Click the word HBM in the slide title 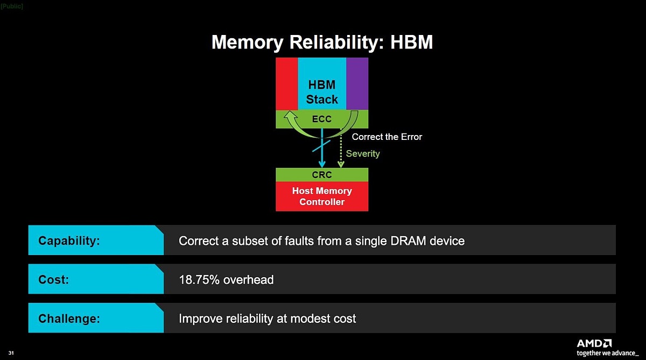[x=411, y=43]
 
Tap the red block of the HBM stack [x=286, y=83]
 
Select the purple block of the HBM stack [x=357, y=83]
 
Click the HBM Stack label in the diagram [x=322, y=92]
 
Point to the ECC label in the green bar [x=322, y=119]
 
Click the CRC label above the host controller [x=322, y=175]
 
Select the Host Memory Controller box [x=322, y=196]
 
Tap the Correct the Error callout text [x=387, y=137]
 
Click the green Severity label [x=363, y=153]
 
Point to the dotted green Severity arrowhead [x=341, y=165]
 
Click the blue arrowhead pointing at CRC [x=322, y=165]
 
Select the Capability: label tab [x=96, y=240]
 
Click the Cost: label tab [x=96, y=279]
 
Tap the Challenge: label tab [x=96, y=318]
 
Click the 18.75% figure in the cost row [x=199, y=280]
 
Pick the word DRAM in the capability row [x=408, y=241]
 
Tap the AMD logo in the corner [x=594, y=343]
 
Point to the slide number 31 [x=11, y=353]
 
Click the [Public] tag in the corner [x=11, y=6]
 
